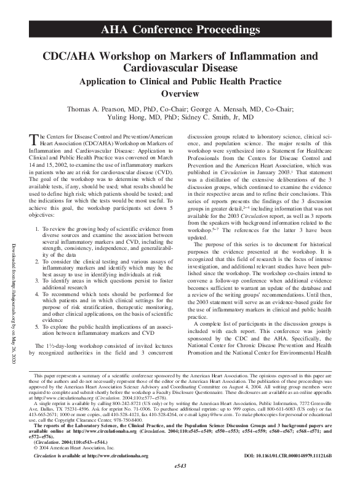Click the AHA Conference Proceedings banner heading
click(x=180, y=30)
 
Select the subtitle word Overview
click(x=180, y=94)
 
